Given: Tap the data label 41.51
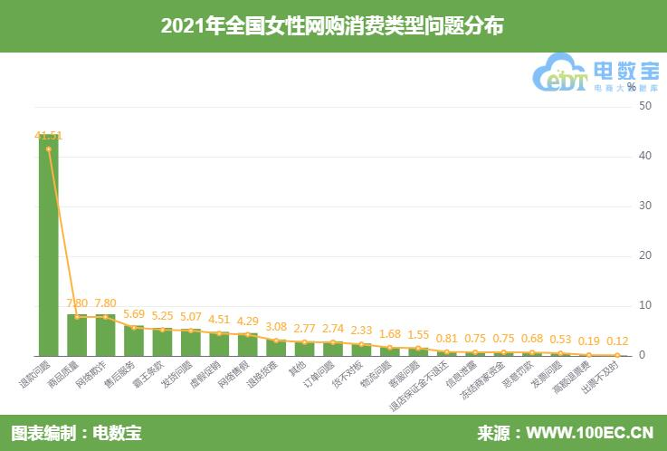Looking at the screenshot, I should (48, 136).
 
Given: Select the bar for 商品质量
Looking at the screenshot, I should (77, 335).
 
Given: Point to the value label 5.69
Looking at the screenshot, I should (134, 317).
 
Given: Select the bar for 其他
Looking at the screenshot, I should (305, 349).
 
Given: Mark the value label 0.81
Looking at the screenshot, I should (447, 339).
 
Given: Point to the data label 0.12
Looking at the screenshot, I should (618, 342).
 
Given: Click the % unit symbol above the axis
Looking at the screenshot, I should (630, 87).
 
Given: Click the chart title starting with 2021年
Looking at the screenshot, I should (333, 26).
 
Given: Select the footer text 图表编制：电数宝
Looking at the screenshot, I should (76, 433).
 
